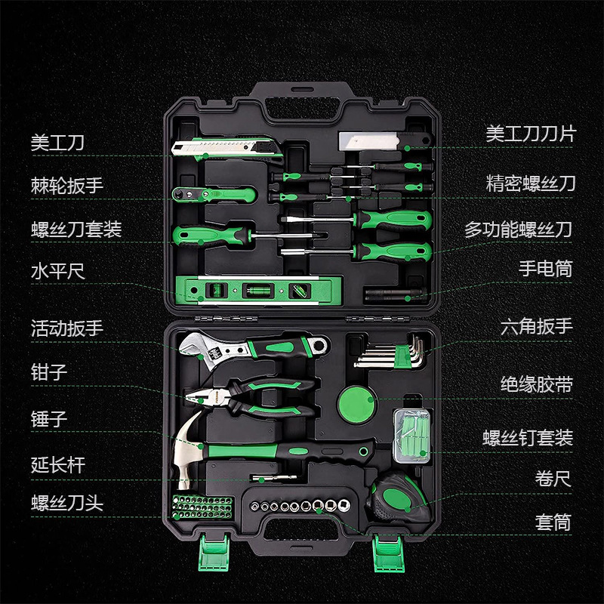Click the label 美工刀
pyautogui.click(x=57, y=142)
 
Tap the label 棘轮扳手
pyautogui.click(x=67, y=184)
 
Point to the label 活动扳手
pyautogui.click(x=67, y=329)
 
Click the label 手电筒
pyautogui.click(x=545, y=268)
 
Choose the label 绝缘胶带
pyautogui.click(x=536, y=385)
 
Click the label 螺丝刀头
pyautogui.click(x=67, y=503)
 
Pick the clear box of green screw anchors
pyautogui.click(x=411, y=435)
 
